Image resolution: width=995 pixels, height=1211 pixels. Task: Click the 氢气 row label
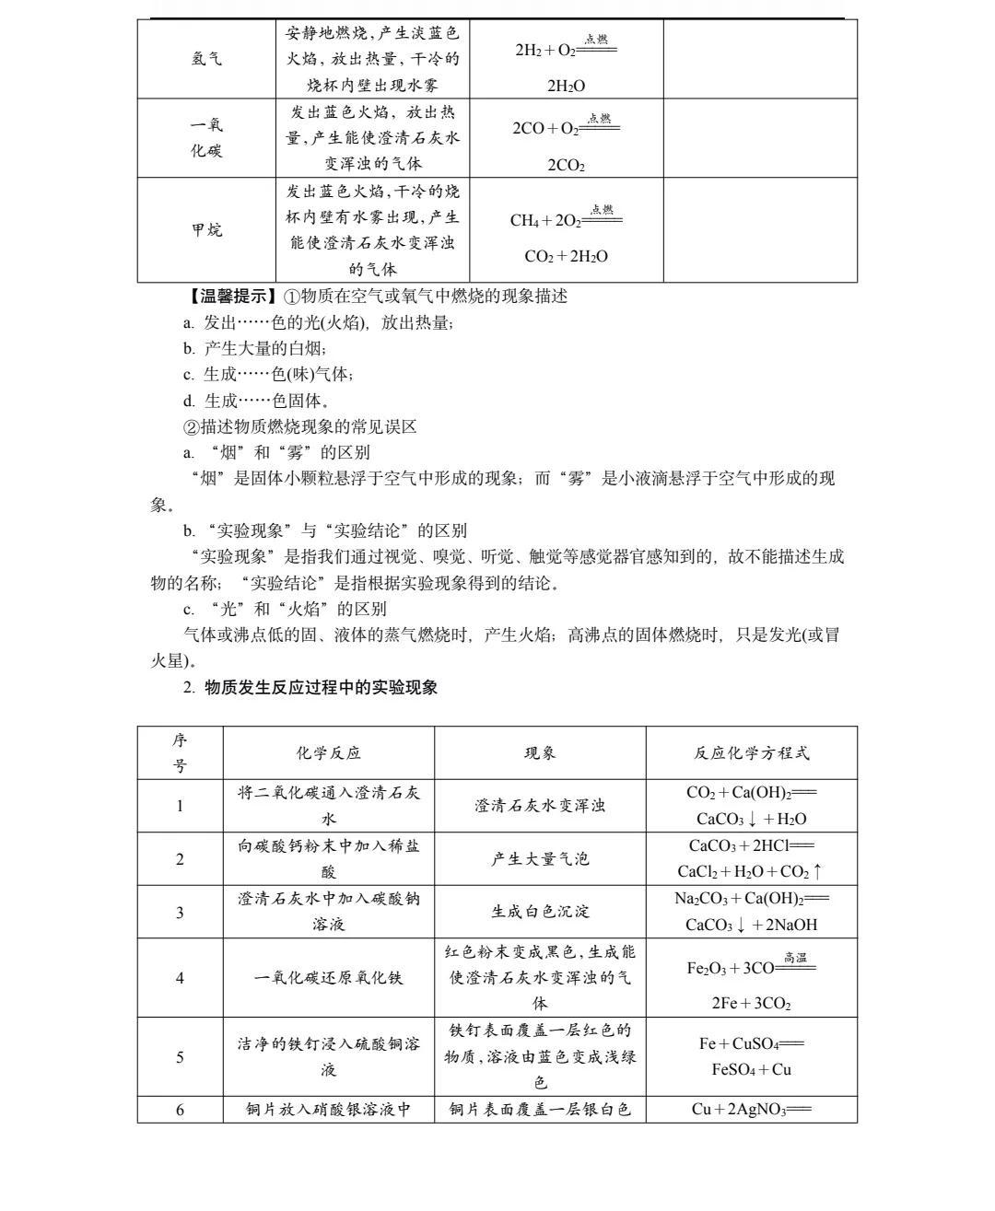tap(206, 59)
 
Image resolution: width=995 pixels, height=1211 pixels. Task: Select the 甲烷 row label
tap(206, 230)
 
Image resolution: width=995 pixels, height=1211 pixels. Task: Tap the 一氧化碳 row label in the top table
tap(206, 138)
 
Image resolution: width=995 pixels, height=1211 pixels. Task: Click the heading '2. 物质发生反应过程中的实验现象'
tap(311, 687)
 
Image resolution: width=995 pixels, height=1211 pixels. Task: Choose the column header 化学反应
tap(328, 752)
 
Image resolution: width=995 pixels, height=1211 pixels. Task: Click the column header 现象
tap(540, 752)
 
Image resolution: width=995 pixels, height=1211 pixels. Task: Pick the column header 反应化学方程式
tap(751, 752)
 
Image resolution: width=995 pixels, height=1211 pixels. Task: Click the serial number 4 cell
tap(180, 978)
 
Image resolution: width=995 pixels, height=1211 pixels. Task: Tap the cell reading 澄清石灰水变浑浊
tap(540, 806)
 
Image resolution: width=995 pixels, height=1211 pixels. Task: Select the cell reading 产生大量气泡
tap(540, 859)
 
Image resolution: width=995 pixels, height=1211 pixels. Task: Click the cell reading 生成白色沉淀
tap(540, 912)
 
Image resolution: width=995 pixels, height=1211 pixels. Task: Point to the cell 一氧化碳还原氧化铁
tap(328, 978)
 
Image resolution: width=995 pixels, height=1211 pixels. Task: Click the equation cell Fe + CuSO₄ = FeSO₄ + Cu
tap(751, 1056)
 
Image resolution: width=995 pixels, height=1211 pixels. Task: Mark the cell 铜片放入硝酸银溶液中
tap(328, 1110)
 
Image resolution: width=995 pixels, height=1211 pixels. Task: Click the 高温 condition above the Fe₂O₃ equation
tap(795, 958)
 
